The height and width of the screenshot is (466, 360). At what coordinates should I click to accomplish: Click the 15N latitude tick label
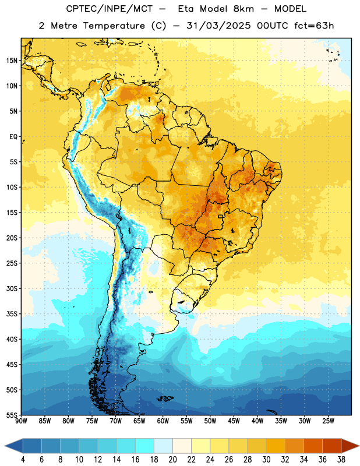pos(12,61)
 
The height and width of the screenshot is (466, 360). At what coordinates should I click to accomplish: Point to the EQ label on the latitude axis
pos(13,137)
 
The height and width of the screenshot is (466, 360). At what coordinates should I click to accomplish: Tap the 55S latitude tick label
pos(12,415)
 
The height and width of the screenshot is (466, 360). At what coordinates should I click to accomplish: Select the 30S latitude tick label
pos(12,288)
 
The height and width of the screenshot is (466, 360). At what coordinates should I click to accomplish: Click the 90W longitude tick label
pos(21,421)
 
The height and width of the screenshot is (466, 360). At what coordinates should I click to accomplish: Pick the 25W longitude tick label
pos(328,421)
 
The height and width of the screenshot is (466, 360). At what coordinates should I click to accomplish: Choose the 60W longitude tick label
pos(163,421)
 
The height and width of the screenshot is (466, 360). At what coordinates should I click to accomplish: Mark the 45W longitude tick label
pos(234,421)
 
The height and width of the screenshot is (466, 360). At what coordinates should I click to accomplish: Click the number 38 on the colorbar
pos(341,460)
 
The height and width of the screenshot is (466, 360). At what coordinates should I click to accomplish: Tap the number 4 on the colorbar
pos(23,460)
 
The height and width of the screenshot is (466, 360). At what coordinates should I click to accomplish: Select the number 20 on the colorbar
pos(172,460)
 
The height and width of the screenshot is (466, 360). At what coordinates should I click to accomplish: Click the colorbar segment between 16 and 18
pos(145,446)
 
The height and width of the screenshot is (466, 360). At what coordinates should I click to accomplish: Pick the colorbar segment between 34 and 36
pos(313,446)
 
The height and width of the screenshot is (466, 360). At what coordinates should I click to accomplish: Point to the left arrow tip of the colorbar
pos(5,446)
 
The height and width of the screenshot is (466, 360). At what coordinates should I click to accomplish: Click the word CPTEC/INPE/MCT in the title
pos(110,9)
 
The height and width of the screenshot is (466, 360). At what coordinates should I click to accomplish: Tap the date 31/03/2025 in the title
pos(218,26)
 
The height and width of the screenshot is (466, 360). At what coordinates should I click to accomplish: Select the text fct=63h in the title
pos(314,26)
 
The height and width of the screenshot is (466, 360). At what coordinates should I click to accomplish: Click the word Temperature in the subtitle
pos(114,26)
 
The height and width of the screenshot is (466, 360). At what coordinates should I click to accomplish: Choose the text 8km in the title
pos(243,9)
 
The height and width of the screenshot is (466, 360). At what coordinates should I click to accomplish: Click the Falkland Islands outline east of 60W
pos(165,398)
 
